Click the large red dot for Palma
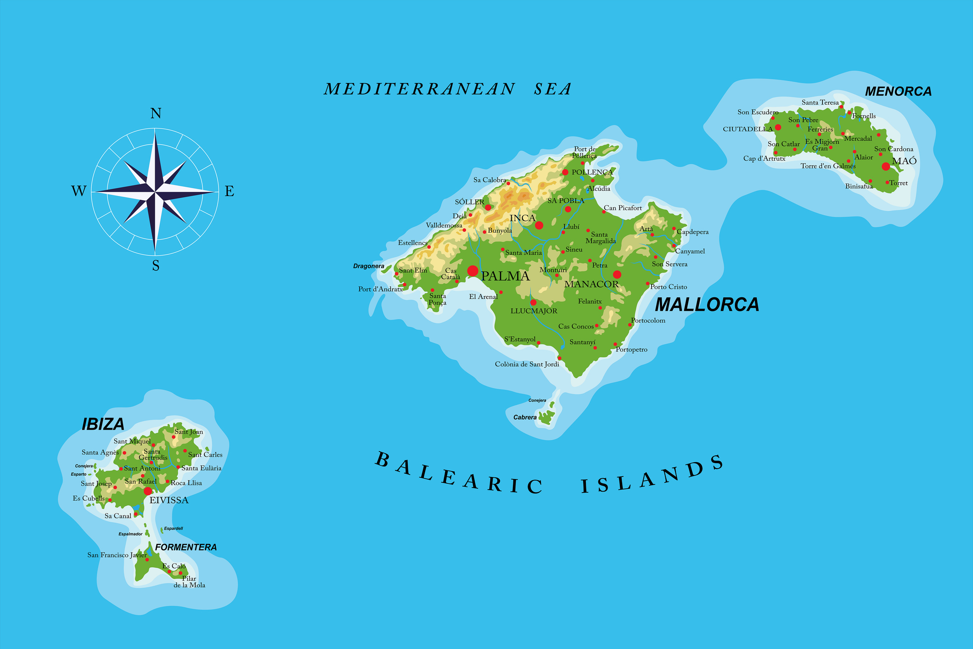(x=472, y=271)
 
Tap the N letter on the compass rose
(x=156, y=113)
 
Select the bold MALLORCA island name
(x=707, y=305)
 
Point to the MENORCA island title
(x=898, y=91)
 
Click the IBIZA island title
(x=103, y=424)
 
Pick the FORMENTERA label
(x=186, y=547)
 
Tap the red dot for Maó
(x=886, y=167)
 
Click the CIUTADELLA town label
(x=748, y=129)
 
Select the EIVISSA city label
(x=169, y=500)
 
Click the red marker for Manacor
(x=617, y=274)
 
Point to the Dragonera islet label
(x=368, y=266)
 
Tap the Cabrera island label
(x=525, y=417)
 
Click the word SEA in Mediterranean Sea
(x=553, y=89)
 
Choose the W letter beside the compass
(x=79, y=191)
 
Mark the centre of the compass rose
(x=155, y=191)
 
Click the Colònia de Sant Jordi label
(x=527, y=364)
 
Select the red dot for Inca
(x=539, y=225)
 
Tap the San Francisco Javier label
(x=117, y=555)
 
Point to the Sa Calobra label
(x=489, y=180)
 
